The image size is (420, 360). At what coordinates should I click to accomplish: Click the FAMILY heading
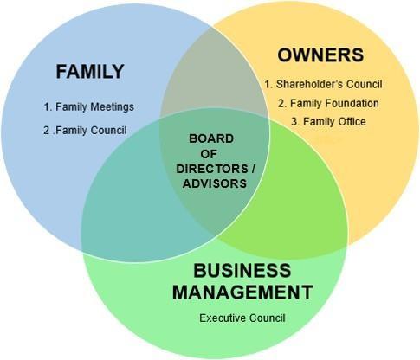point(90,72)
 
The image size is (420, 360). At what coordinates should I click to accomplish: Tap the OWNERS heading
point(320,55)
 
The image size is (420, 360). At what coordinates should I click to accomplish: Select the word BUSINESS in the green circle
point(242,271)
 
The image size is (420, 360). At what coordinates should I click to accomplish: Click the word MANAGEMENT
point(242,292)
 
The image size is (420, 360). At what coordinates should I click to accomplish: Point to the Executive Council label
point(242,318)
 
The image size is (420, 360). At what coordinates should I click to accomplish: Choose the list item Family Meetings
point(89,106)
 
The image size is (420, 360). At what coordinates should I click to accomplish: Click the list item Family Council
point(85,131)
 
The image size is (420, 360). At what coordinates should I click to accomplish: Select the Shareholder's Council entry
point(323,84)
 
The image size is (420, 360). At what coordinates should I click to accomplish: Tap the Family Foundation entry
point(328,103)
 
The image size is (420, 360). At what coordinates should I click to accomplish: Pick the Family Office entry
point(328,121)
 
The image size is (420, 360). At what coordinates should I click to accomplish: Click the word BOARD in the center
point(211,138)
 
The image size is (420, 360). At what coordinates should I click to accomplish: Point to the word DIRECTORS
point(212,169)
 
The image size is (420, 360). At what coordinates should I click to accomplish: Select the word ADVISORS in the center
point(215,183)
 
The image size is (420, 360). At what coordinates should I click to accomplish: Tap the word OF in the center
point(209,154)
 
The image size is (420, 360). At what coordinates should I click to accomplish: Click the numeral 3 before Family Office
point(294,122)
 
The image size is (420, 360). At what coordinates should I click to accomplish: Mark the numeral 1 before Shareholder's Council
point(267,84)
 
